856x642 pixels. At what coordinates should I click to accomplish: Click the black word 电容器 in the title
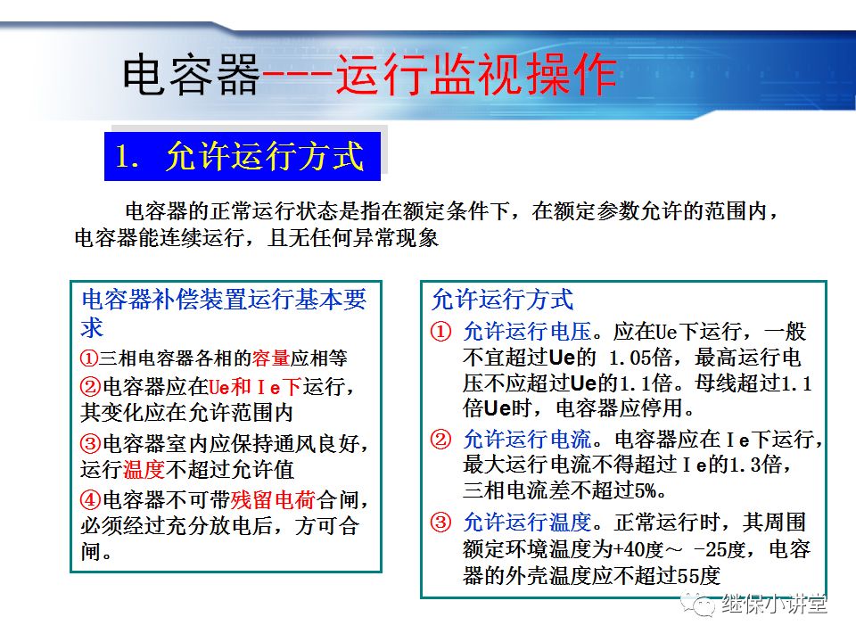coord(189,76)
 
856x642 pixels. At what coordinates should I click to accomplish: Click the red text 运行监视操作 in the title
coord(476,76)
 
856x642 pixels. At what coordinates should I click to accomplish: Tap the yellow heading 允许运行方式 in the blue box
coord(265,156)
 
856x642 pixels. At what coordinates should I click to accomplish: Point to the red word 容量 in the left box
coord(270,358)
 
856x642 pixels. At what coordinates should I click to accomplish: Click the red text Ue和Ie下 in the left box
coord(254,387)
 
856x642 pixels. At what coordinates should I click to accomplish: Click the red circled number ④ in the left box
coord(90,498)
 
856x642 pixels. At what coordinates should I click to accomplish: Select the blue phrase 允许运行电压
coord(527,332)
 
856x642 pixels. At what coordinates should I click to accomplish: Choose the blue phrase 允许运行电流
coord(527,439)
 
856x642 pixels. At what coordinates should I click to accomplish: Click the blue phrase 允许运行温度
coord(527,522)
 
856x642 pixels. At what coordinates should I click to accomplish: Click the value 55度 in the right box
coord(693,575)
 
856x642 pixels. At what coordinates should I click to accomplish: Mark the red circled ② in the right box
coord(441,439)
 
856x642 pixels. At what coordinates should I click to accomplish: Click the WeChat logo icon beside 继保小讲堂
coord(698,605)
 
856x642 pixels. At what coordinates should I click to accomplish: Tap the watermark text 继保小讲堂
coord(774,605)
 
